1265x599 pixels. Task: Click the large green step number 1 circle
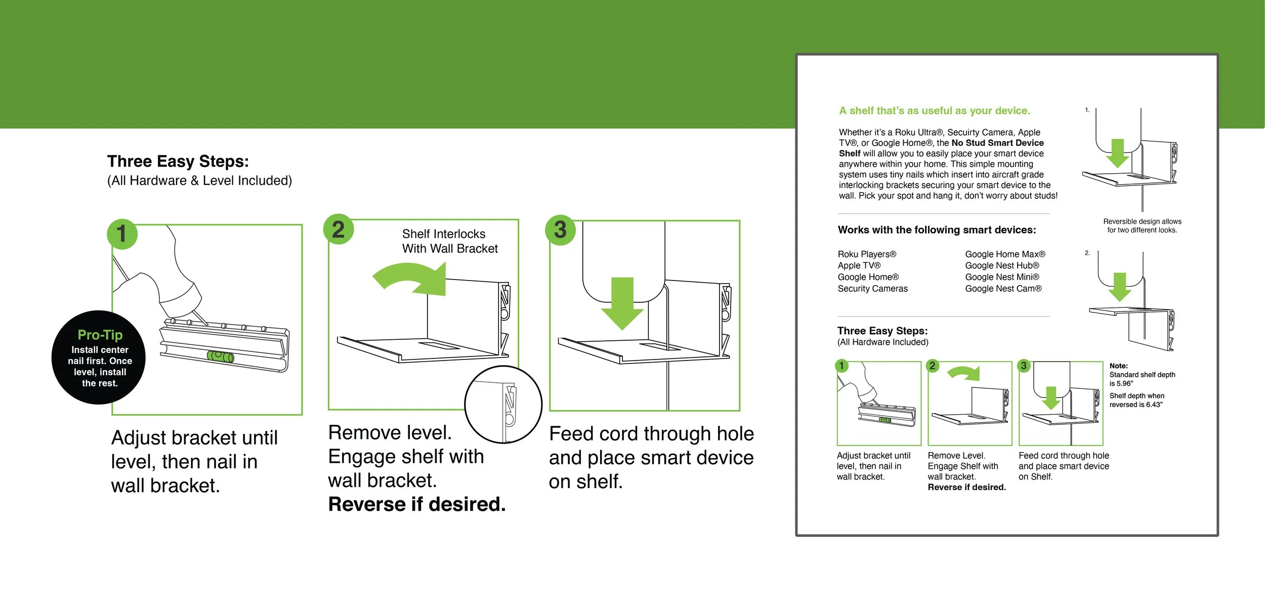pyautogui.click(x=122, y=234)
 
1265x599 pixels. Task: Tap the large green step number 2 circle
pyautogui.click(x=338, y=229)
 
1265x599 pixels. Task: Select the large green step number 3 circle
pyautogui.click(x=560, y=230)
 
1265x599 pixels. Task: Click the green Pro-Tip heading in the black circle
pyautogui.click(x=100, y=335)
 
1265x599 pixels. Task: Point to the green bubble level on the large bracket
pyautogui.click(x=221, y=356)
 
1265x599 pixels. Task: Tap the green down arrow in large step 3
pyautogui.click(x=622, y=302)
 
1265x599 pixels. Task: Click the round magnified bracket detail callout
pyautogui.click(x=503, y=404)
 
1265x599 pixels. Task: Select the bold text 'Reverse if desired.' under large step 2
pyautogui.click(x=416, y=504)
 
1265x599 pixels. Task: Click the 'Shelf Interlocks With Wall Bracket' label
pyautogui.click(x=449, y=241)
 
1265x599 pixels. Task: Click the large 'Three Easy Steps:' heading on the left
pyautogui.click(x=178, y=161)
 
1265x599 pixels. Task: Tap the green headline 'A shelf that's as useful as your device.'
pyautogui.click(x=934, y=110)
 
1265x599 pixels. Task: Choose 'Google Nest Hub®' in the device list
pyautogui.click(x=1001, y=265)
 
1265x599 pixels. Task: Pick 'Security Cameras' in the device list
pyautogui.click(x=872, y=289)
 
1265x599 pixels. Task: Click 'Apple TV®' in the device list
pyautogui.click(x=859, y=265)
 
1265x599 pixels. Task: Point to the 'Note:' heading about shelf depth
pyautogui.click(x=1118, y=366)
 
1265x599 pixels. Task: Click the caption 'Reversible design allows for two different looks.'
pyautogui.click(x=1142, y=226)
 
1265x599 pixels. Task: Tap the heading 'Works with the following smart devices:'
pyautogui.click(x=937, y=230)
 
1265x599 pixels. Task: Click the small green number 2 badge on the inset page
pyautogui.click(x=932, y=366)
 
